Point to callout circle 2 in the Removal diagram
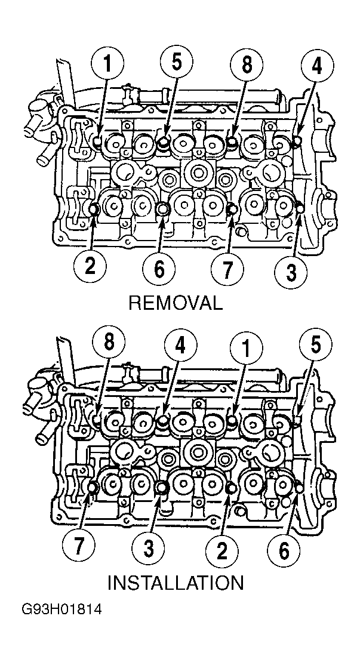[x=90, y=266]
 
